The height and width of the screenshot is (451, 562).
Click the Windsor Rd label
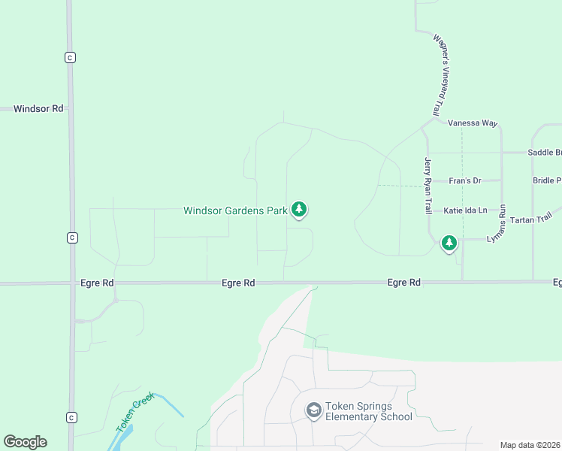[x=38, y=109]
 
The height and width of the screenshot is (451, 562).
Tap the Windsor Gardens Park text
[x=235, y=210]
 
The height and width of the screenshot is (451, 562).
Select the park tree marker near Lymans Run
[x=449, y=242]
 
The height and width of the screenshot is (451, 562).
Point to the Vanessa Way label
[x=473, y=123]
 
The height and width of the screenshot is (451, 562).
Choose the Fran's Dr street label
[x=464, y=181]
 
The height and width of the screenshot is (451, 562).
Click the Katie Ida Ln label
[x=465, y=210]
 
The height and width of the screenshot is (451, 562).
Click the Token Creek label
[x=134, y=411]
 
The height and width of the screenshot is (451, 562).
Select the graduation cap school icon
[x=313, y=410]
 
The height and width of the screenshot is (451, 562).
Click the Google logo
[x=25, y=442]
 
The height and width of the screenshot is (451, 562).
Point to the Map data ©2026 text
[x=530, y=445]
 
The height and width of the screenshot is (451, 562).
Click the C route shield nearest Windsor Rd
[x=70, y=57]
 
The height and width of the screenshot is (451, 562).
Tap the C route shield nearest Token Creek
[x=71, y=417]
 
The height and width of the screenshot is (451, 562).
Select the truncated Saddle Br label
[x=544, y=153]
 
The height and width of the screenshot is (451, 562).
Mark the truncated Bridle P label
[x=546, y=180]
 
